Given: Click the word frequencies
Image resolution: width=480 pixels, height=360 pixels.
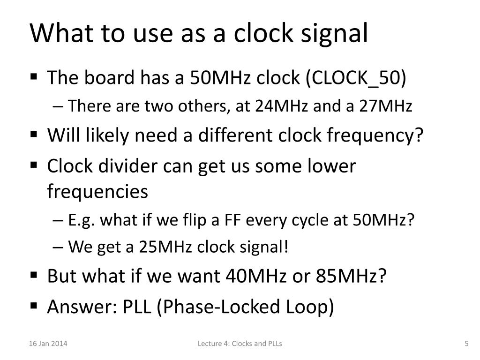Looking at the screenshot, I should coord(97,191).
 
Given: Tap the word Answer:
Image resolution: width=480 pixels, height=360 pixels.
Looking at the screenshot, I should coord(82,307).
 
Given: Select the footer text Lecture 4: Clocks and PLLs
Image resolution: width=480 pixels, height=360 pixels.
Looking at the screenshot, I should coord(240,344).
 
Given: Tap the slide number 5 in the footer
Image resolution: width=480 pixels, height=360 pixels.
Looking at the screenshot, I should coord(466,344).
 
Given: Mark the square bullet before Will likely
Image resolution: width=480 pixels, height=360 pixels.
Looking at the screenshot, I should coord(34,135).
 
